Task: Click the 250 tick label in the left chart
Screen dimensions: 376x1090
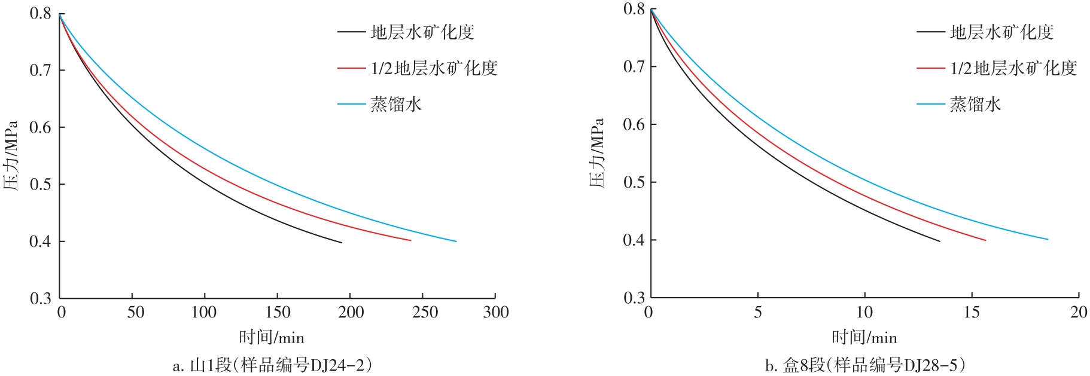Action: click(425, 312)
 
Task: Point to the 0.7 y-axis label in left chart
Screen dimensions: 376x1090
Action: click(40, 71)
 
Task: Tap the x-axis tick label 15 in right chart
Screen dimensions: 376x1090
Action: click(972, 312)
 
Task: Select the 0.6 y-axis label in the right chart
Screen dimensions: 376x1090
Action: click(634, 124)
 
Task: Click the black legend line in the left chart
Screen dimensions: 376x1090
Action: click(351, 32)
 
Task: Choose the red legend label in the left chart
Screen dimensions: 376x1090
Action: click(434, 68)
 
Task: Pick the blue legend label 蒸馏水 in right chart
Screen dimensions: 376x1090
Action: click(975, 105)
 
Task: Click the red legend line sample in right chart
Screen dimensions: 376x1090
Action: click(930, 68)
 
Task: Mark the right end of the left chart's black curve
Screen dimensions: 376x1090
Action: click(342, 243)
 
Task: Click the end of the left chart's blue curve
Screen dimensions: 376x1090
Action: click(456, 242)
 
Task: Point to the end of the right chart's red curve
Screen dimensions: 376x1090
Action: click(985, 240)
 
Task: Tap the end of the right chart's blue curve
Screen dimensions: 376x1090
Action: click(1048, 240)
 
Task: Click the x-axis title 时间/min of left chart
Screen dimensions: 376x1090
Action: click(272, 338)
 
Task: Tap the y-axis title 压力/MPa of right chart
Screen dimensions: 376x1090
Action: click(598, 152)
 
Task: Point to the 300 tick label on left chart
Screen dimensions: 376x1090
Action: click(496, 312)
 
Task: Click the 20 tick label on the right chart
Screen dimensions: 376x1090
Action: click(1079, 312)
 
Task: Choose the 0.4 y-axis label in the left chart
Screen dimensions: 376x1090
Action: click(40, 242)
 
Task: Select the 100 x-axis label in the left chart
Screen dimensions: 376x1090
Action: click(204, 312)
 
